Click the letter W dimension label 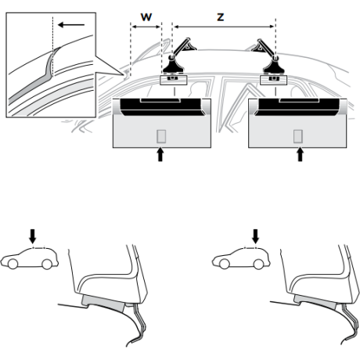(x=146, y=17)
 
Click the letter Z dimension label (x=221, y=17)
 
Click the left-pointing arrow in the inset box (x=71, y=25)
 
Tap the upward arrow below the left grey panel (x=160, y=154)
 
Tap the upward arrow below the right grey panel (x=301, y=154)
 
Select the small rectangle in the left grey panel (x=161, y=136)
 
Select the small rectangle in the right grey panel (x=298, y=136)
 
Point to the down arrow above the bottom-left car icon (x=33, y=236)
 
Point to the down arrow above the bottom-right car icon (x=256, y=236)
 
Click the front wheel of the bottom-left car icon (x=13, y=264)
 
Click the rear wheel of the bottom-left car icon (x=47, y=265)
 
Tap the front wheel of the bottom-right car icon (x=225, y=264)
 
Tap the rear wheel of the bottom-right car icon (x=258, y=265)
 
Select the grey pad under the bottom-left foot (x=104, y=303)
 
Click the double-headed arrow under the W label (x=146, y=27)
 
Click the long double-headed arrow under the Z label (x=224, y=27)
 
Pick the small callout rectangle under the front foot (x=174, y=80)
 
